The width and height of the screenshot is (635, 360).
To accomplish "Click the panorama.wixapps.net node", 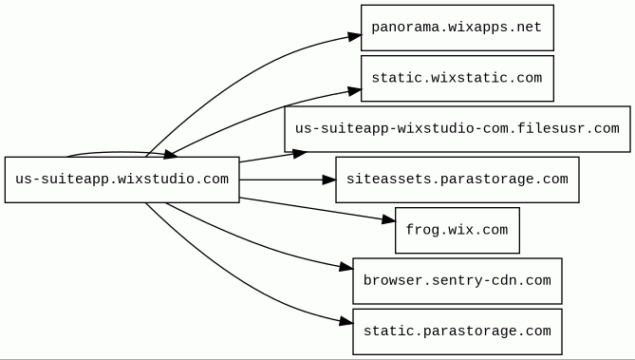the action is pos(458,28).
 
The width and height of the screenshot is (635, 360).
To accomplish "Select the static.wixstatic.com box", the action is pos(458,78).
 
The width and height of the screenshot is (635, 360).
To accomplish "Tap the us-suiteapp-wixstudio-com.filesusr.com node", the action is pos(458,129).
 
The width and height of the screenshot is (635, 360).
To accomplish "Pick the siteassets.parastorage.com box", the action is pos(458,180).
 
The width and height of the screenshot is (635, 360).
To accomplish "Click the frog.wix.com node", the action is pos(458,230).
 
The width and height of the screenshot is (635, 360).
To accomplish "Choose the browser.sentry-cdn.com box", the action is pos(458,280).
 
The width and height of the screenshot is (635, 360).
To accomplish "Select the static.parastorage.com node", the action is pos(458,332).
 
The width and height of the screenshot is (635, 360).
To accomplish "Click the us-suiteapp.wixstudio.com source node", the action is pos(121,180).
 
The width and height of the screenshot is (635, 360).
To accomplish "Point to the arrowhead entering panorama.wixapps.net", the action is pos(354,36).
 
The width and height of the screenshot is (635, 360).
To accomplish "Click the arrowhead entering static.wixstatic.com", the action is pos(354,91).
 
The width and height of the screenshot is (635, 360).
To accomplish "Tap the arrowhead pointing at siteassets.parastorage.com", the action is pos(328,180).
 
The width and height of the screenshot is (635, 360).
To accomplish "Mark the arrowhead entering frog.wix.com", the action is pos(388,220).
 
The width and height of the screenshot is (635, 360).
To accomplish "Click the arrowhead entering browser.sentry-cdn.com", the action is pos(346,267).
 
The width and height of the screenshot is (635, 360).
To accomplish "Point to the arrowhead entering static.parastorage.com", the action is pos(346,322).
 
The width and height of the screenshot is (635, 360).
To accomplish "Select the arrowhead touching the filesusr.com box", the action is pos(300,154).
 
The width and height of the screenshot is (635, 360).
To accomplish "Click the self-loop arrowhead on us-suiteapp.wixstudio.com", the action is pos(169,155).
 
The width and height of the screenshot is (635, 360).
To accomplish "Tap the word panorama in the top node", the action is pos(397,28).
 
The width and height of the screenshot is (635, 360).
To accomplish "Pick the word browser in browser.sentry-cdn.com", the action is pos(389,280).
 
